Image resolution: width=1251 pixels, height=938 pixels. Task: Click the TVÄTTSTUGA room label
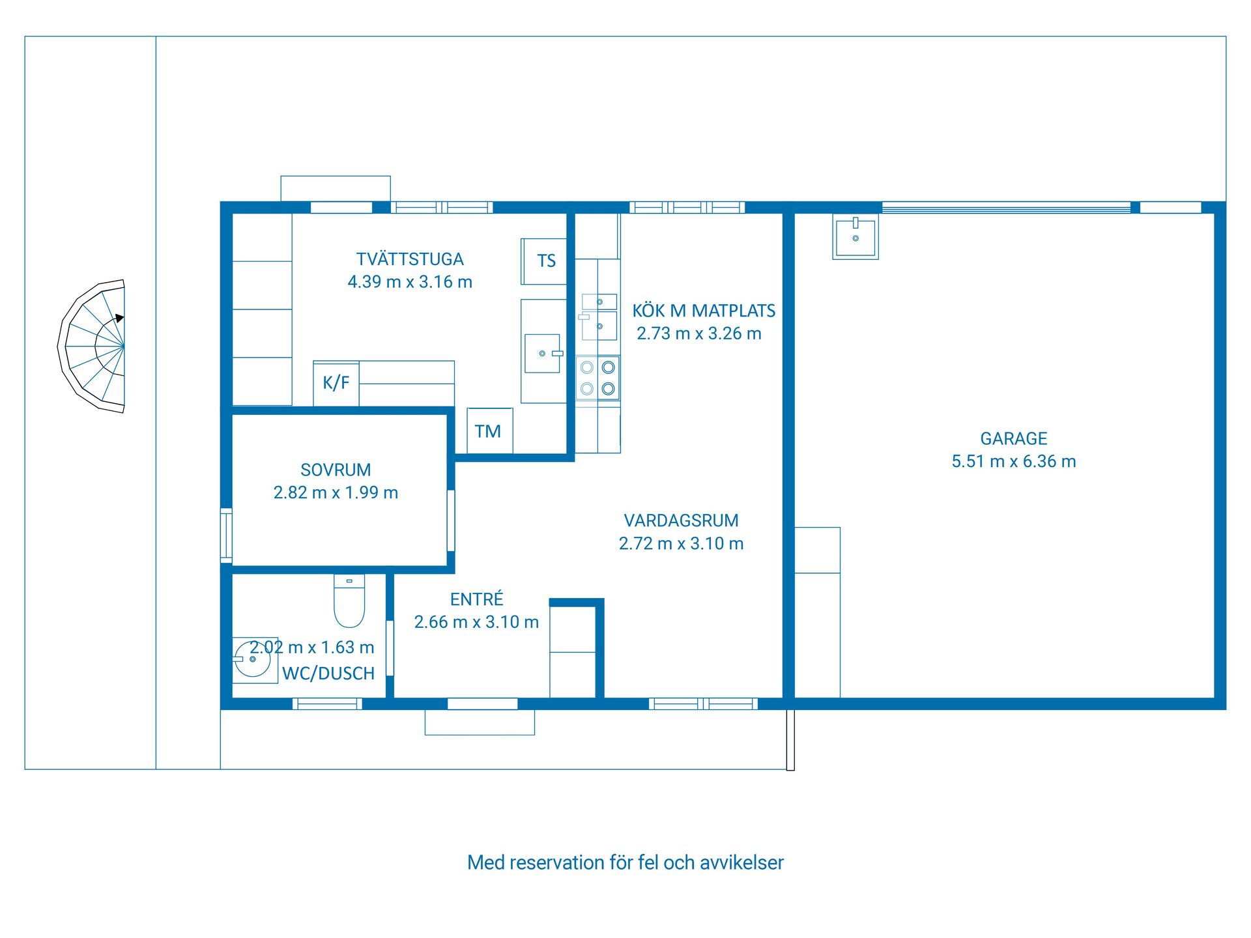pyautogui.click(x=410, y=259)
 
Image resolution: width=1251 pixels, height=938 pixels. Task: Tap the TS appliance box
pyautogui.click(x=544, y=261)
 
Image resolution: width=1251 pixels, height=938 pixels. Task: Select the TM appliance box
pyautogui.click(x=490, y=431)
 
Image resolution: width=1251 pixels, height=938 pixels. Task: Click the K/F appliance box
pyautogui.click(x=336, y=383)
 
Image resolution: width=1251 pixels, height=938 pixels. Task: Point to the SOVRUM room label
pyautogui.click(x=336, y=470)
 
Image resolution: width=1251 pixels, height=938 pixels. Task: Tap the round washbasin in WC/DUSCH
pyautogui.click(x=252, y=659)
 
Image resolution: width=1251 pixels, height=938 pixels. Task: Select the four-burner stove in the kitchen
pyautogui.click(x=597, y=378)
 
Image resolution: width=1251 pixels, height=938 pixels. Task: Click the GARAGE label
pyautogui.click(x=1014, y=438)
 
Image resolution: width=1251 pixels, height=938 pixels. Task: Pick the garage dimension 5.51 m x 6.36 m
pyautogui.click(x=1014, y=461)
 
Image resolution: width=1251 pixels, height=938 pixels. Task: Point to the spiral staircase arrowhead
pyautogui.click(x=120, y=318)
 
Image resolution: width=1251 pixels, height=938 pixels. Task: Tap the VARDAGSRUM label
pyautogui.click(x=681, y=520)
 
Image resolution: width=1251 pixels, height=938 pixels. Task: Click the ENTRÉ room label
pyautogui.click(x=477, y=599)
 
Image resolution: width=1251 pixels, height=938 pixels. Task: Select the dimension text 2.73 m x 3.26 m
pyautogui.click(x=699, y=334)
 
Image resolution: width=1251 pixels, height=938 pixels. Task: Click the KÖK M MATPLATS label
pyautogui.click(x=704, y=311)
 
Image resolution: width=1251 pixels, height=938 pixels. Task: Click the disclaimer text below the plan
pyautogui.click(x=625, y=862)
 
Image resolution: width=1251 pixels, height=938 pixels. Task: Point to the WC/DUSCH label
pyautogui.click(x=328, y=673)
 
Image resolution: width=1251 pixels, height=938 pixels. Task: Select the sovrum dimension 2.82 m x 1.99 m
pyautogui.click(x=336, y=492)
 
